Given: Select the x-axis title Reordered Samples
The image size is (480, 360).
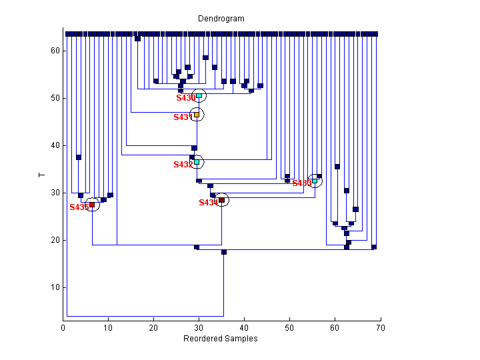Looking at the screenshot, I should (221, 339).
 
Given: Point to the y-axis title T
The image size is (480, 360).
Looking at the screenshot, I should (41, 175).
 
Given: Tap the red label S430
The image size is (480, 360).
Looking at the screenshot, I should (186, 98).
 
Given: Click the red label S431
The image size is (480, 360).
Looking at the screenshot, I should (183, 117).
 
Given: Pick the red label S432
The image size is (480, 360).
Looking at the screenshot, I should (183, 165).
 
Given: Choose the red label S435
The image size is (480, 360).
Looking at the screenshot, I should (79, 207).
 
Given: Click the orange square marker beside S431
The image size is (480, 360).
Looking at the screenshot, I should (197, 115).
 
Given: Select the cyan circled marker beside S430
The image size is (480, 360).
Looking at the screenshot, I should (199, 96).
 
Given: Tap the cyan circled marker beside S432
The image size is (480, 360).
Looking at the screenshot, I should (197, 162).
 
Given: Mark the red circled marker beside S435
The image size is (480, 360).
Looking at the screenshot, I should (92, 205).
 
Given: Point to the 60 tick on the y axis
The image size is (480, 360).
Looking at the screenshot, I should (55, 51).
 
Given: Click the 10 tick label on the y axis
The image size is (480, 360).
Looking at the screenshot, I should (55, 287).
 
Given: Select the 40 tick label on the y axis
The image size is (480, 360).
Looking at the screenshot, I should (55, 145).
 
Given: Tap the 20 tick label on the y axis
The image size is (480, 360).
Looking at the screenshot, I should (55, 240).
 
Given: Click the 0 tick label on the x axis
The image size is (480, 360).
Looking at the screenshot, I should (63, 328).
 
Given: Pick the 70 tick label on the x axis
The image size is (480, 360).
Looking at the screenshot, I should (381, 328).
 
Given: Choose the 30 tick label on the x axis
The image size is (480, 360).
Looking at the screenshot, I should (199, 328).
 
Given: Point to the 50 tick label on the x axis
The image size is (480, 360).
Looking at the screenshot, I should (290, 328).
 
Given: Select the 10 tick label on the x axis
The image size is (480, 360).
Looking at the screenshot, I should (109, 328).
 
